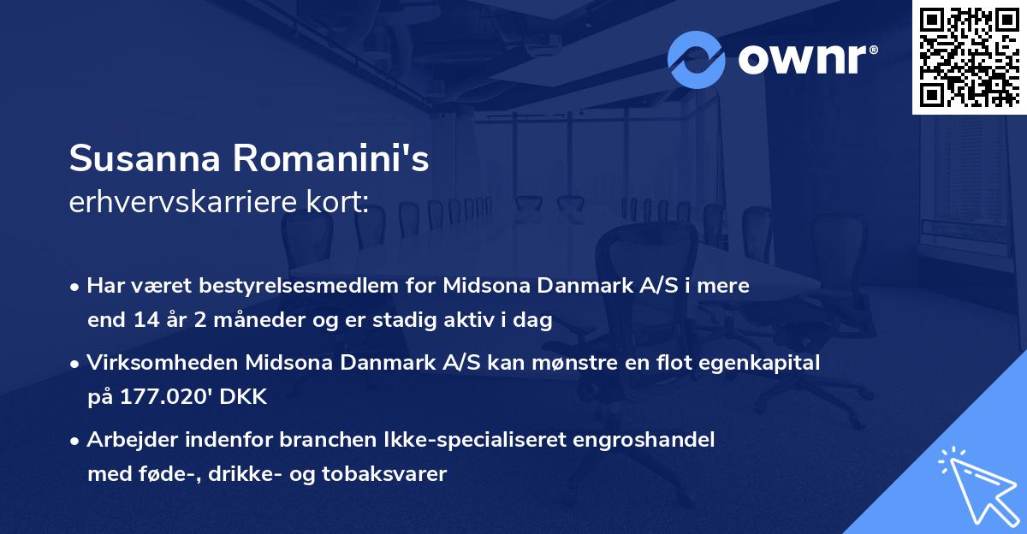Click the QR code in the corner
(x=969, y=56)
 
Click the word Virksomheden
(x=163, y=363)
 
